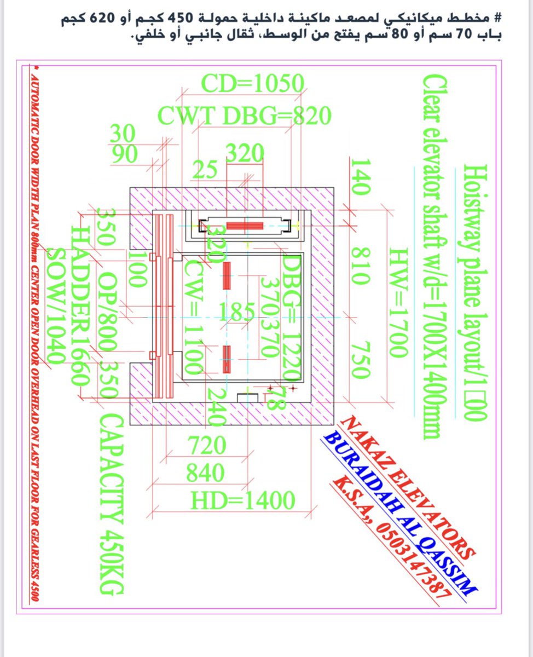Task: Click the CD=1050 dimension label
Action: [252, 84]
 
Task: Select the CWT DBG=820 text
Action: [244, 116]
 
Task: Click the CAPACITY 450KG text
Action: [111, 503]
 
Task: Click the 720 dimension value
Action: [207, 446]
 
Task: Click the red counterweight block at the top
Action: [245, 226]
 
